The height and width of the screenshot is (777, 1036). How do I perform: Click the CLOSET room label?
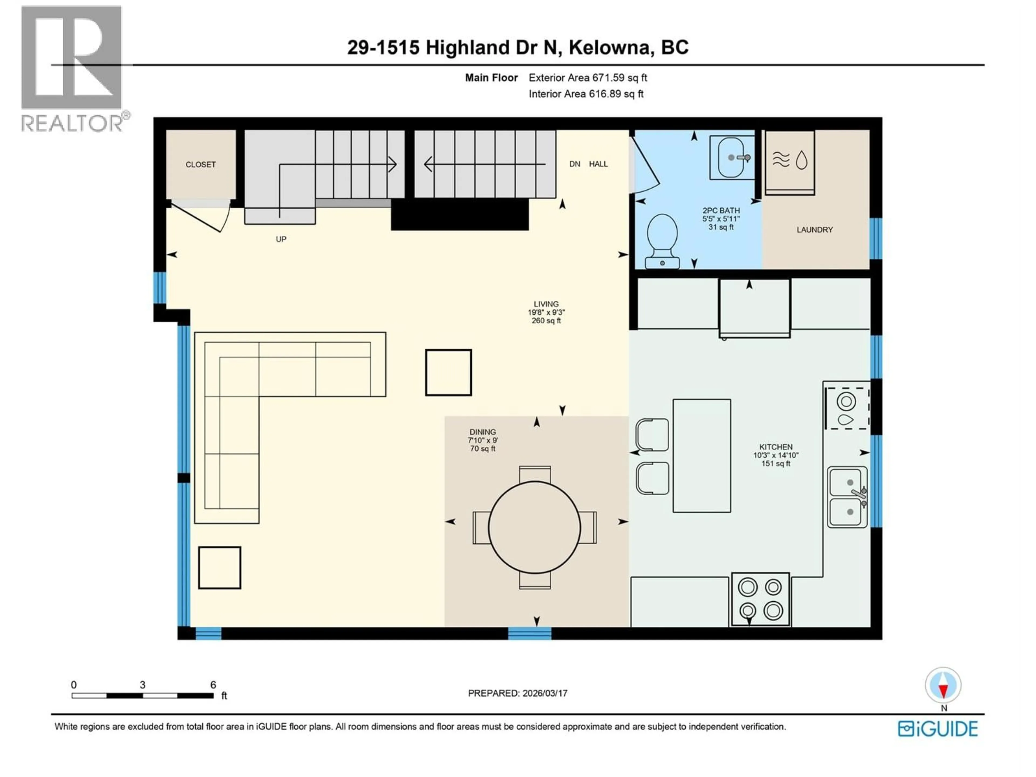pos(200,164)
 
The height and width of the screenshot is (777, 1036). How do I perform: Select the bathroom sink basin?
pos(731,158)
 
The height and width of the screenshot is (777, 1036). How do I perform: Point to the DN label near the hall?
pos(575,164)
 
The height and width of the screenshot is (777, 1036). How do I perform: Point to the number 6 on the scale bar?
pos(213,685)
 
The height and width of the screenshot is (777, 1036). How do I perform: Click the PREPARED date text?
pos(517,693)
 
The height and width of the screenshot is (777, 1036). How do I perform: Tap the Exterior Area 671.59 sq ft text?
pos(588,78)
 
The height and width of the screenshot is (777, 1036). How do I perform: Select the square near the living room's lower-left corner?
pos(220,568)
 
